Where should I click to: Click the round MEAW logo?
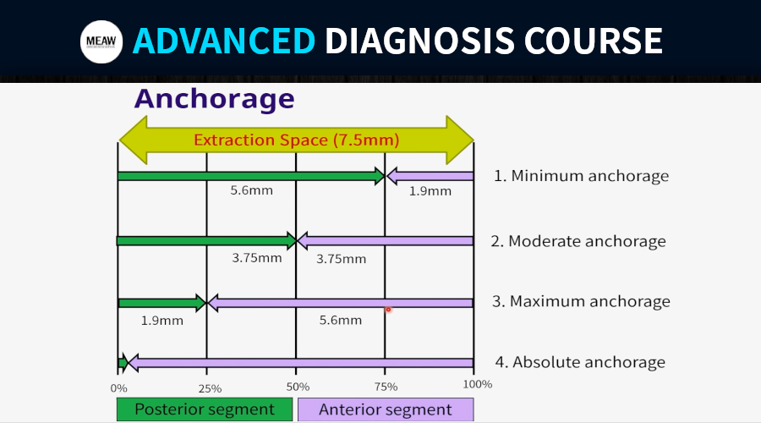101,41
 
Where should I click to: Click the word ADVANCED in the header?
224,41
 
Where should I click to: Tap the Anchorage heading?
215,99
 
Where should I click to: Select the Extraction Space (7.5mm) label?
297,140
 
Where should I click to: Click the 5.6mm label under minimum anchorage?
251,190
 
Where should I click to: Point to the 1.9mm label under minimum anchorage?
430,191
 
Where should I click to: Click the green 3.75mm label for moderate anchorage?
257,257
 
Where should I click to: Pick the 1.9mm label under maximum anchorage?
162,321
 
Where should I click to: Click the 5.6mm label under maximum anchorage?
340,320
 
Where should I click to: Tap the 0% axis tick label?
119,388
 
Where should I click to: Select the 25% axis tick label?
210,388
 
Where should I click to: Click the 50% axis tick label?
298,387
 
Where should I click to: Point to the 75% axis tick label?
386,387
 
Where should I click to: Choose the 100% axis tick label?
478,384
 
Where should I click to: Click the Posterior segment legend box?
205,409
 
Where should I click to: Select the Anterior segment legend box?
386,409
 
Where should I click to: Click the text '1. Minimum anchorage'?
581,176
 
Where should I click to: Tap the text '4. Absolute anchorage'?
580,362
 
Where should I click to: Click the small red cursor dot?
388,310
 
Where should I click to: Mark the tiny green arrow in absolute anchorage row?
123,363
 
